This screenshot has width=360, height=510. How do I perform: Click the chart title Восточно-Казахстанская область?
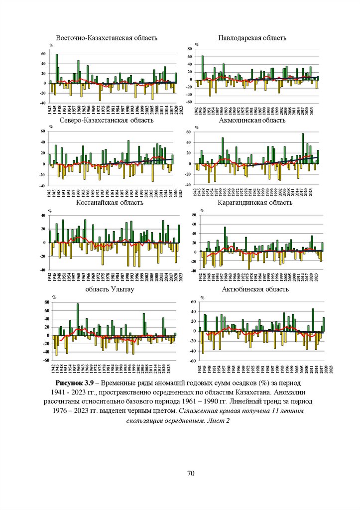pos(107,38)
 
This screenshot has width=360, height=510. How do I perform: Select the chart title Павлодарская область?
pos(252,38)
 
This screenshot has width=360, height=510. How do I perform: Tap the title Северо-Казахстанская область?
pos(109,121)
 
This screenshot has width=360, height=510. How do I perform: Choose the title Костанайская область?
pos(110,203)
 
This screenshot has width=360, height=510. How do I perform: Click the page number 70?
pos(190,473)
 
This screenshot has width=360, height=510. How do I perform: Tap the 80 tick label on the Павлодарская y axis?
pos(189,49)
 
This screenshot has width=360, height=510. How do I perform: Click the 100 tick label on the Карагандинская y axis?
pos(188,211)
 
